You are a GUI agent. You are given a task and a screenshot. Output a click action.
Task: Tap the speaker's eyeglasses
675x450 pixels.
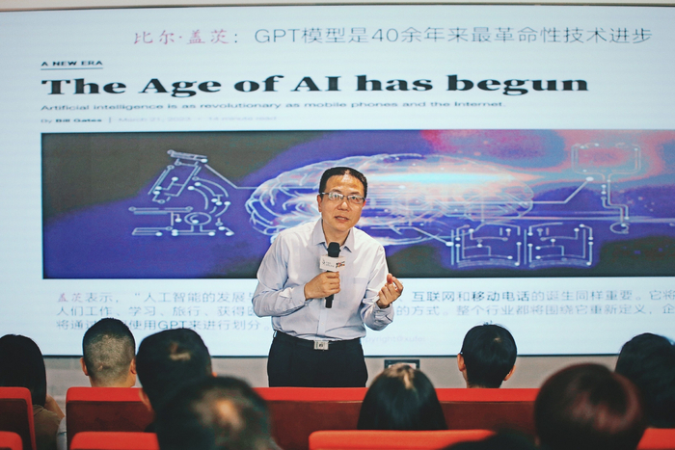click(x=343, y=198)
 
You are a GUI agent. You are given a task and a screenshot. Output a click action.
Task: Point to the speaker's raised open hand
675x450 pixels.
click(x=389, y=288)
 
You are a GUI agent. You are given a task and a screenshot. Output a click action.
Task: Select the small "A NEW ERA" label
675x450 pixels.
click(x=71, y=64)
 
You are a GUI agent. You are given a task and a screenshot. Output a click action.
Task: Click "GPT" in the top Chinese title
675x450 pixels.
click(x=279, y=37)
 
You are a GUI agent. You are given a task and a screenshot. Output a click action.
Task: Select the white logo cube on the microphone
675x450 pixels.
click(x=332, y=262)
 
